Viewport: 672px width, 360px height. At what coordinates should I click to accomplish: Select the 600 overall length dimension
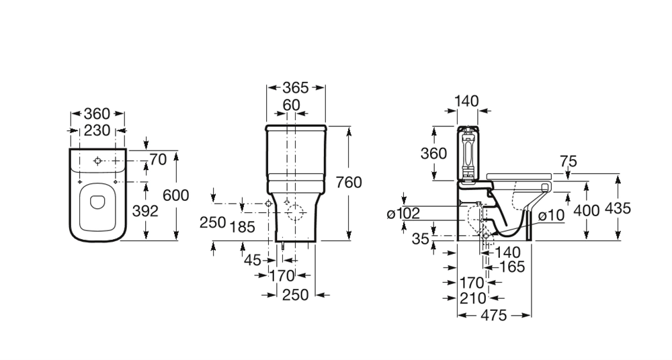coord(175,195)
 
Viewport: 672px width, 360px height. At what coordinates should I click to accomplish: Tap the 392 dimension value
coord(144,211)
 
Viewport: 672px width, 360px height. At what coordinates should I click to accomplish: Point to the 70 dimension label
coord(157,160)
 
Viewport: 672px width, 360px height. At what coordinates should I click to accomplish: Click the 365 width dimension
coord(296,88)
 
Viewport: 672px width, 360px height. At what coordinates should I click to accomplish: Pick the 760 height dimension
coord(349,182)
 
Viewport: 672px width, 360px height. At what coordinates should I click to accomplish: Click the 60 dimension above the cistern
coord(291,105)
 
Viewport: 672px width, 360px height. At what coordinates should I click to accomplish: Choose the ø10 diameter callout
coord(550,215)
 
